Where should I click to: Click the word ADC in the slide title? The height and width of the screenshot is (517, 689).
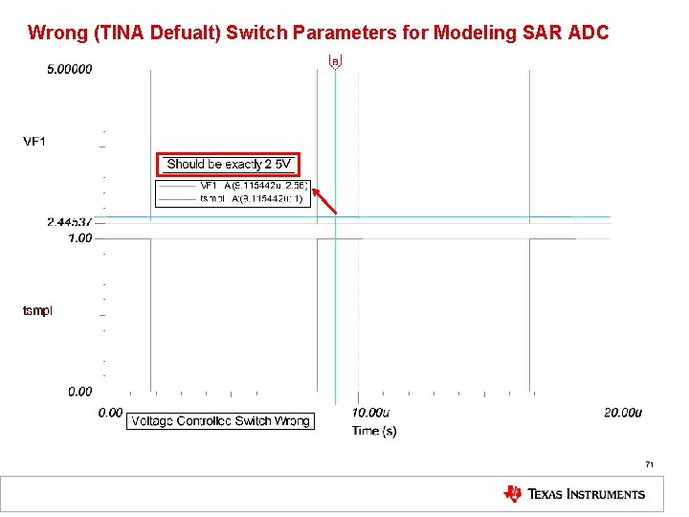tap(588, 33)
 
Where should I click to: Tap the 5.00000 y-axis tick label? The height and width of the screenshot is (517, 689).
tap(70, 70)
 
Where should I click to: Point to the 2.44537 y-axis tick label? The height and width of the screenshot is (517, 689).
tap(70, 222)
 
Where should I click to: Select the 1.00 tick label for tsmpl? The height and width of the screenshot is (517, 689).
tap(80, 237)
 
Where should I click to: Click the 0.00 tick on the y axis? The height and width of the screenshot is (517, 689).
tap(80, 391)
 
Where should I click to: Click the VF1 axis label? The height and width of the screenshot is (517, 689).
tap(35, 142)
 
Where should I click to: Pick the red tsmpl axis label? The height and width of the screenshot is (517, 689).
tap(38, 310)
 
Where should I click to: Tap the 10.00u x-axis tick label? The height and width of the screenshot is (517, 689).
tap(370, 413)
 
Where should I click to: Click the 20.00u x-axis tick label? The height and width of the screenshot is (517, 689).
tap(623, 413)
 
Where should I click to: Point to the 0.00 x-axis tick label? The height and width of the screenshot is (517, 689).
tap(111, 413)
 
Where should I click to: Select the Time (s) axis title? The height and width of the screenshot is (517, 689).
tap(374, 431)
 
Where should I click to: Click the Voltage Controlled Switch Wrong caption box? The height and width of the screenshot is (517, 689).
tap(220, 421)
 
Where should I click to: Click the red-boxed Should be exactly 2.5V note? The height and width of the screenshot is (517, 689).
tap(229, 165)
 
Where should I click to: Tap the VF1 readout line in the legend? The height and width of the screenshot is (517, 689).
tap(253, 186)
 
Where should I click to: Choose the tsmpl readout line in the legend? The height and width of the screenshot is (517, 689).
tap(251, 199)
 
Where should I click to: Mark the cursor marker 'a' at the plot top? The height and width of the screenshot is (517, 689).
tap(335, 61)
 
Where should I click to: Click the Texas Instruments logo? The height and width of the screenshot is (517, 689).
tap(574, 494)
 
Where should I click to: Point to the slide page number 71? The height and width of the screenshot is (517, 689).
tap(649, 464)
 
